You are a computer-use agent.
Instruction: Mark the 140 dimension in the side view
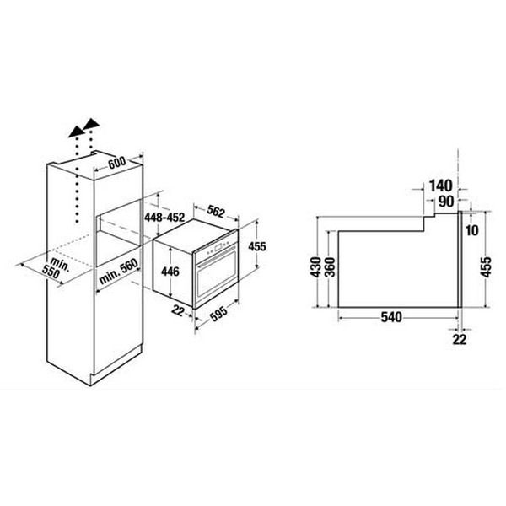[441, 186]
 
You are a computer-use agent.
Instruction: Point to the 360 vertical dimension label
[330, 266]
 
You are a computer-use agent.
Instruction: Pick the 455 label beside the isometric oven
[260, 248]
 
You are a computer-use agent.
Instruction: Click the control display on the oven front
[221, 247]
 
